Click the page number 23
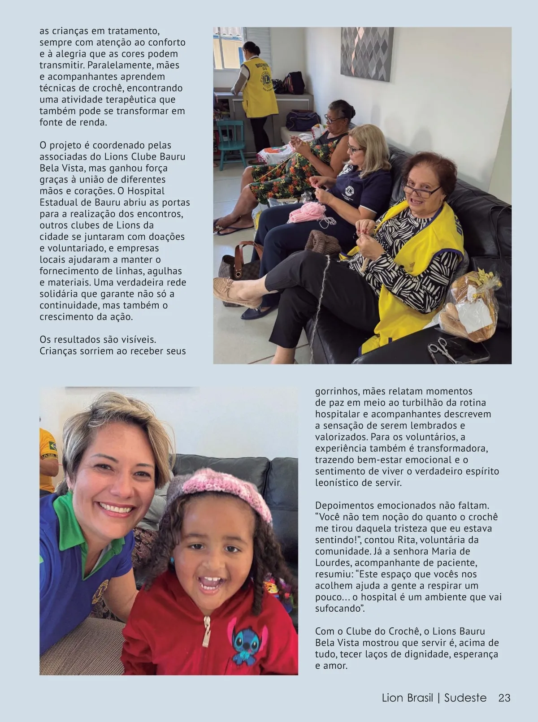504,698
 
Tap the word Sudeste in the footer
465,698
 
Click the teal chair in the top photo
231,139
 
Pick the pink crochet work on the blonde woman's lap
305,211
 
